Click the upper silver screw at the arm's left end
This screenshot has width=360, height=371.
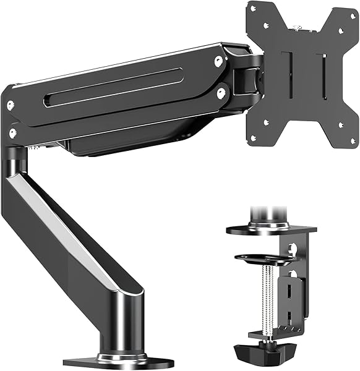(10, 106)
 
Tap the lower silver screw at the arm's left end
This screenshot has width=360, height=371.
(13, 132)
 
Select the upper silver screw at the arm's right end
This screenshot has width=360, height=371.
(218, 61)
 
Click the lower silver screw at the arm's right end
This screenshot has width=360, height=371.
(220, 92)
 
